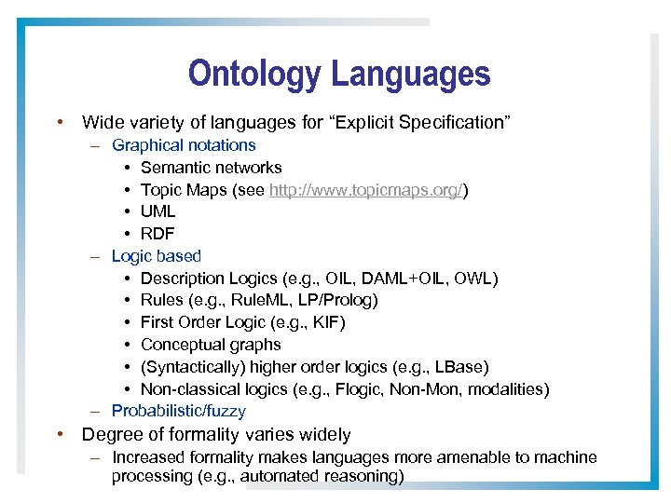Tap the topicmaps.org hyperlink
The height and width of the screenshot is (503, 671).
366,190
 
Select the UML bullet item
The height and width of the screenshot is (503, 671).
157,211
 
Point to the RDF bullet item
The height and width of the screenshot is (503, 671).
157,234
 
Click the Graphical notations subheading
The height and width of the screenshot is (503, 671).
184,145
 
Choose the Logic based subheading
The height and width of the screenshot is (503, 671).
156,256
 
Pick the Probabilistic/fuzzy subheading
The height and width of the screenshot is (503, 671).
178,411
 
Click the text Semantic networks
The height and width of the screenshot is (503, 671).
211,168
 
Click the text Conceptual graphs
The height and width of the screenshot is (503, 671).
211,345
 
